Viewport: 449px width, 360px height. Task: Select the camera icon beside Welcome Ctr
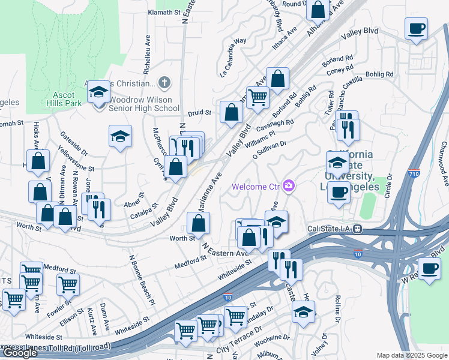(x=289, y=187)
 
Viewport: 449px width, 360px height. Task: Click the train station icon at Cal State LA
(x=357, y=229)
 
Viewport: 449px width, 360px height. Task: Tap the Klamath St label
(x=164, y=12)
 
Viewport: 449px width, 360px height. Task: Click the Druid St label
(x=199, y=112)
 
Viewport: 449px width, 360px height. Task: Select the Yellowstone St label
(x=76, y=159)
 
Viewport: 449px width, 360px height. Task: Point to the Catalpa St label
(x=146, y=214)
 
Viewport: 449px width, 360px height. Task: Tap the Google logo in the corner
(x=20, y=353)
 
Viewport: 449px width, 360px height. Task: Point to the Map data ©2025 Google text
(x=412, y=355)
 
